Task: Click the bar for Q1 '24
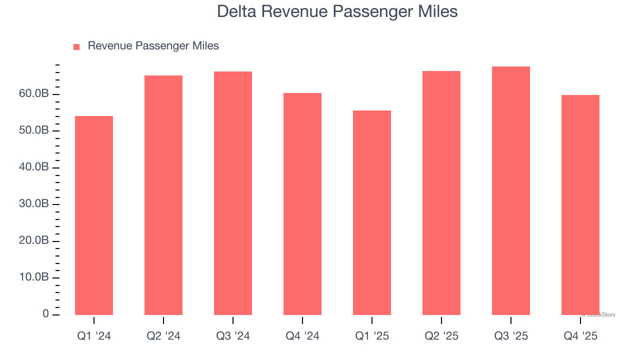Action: (94, 215)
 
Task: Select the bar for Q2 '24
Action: (163, 195)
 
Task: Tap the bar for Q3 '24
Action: (233, 193)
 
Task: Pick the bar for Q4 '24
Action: (302, 204)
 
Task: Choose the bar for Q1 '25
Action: (372, 212)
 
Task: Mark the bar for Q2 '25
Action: (441, 193)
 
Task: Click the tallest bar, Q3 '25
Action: (511, 190)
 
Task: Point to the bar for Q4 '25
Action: (580, 205)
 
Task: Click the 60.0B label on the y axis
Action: (34, 94)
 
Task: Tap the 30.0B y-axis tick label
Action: (34, 204)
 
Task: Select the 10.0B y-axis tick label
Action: (34, 277)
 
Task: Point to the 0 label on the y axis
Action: (45, 314)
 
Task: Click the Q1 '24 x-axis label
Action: (94, 336)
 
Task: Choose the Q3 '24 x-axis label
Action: (233, 336)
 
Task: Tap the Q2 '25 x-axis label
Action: (441, 336)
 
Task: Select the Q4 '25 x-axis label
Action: (580, 336)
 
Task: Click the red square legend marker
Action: (76, 47)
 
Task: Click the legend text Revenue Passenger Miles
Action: (153, 46)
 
